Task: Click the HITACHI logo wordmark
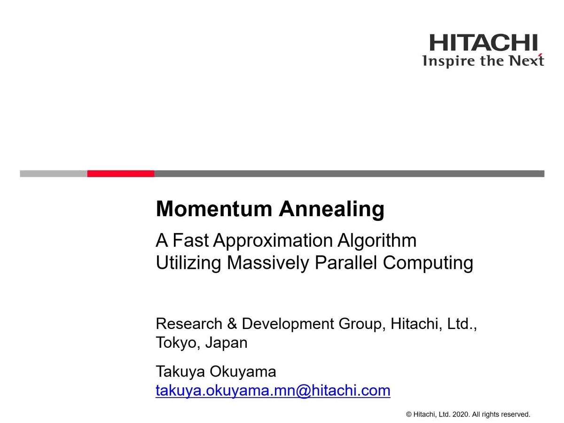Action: [483, 42]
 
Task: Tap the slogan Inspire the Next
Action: [483, 61]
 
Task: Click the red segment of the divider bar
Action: [120, 173]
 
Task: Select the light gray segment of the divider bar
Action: [54, 173]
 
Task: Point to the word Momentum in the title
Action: [214, 209]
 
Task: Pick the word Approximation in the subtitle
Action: [273, 241]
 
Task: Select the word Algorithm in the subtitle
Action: [376, 241]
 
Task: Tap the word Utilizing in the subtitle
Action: [188, 264]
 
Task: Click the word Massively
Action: [268, 264]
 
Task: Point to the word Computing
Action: [428, 264]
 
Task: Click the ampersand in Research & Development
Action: [232, 324]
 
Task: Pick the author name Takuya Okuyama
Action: [216, 372]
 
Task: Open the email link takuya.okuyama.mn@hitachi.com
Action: [273, 392]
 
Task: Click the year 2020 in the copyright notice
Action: [461, 414]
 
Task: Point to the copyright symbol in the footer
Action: [409, 415]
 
